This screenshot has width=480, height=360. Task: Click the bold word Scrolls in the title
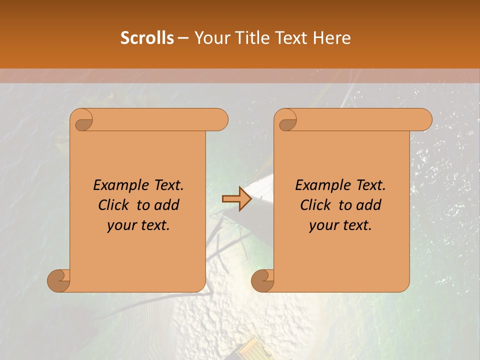pos(147,38)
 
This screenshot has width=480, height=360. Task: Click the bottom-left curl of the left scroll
pos(59,281)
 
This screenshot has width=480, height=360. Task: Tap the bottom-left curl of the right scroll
pos(262,281)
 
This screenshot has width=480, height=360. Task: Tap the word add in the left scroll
pos(167,205)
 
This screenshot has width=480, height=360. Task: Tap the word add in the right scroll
pos(369,205)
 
